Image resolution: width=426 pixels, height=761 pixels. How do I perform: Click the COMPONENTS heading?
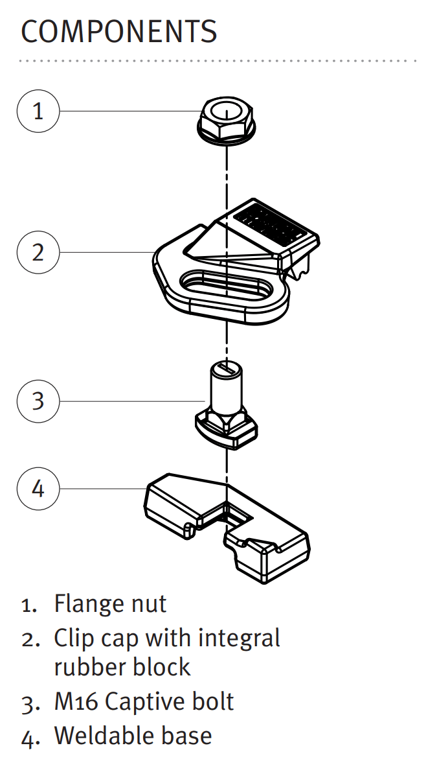pos(118,32)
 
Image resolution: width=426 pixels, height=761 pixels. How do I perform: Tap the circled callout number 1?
pos(38,111)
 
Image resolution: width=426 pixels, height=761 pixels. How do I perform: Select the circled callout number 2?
pos(38,252)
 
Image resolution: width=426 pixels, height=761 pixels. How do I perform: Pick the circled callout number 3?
pos(38,401)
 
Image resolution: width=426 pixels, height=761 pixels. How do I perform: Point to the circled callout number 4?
pos(38,488)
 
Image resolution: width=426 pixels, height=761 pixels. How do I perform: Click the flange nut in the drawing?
pos(227,120)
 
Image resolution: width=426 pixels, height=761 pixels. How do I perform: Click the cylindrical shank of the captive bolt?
pos(226,386)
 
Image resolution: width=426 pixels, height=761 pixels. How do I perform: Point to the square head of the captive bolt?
pos(227,428)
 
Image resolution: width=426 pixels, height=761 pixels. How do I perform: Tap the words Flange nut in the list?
pos(110,603)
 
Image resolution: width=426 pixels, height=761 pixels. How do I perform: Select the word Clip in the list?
pos(72,639)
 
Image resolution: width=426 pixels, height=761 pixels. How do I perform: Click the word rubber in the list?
pos(88,666)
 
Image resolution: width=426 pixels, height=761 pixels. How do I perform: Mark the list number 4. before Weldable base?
pos(29,738)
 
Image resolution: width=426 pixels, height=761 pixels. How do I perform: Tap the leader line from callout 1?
pos(131,111)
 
